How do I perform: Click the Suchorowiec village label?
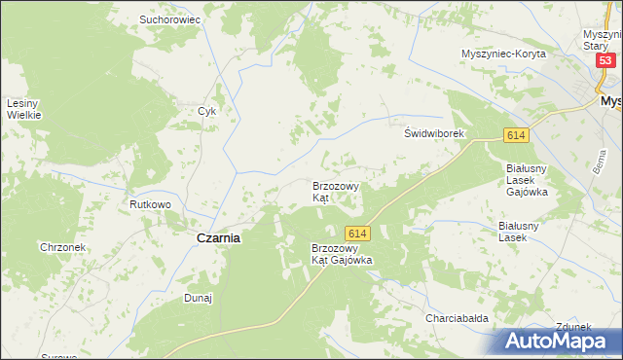pos(169,18)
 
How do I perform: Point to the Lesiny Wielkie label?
pos(23,109)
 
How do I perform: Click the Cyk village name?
pos(206,111)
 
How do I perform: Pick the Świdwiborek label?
pos(437,133)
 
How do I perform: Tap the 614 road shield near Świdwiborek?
pos(515,135)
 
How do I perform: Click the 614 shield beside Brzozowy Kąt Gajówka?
pos(357,234)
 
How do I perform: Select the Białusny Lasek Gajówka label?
pos(528,179)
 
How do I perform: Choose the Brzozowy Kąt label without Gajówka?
pos(335,191)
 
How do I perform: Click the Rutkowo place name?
pos(151,205)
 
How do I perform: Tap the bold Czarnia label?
pos(219,237)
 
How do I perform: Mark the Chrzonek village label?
pos(63,247)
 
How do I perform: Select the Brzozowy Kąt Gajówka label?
pos(341,254)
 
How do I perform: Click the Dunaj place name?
pos(198,299)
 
